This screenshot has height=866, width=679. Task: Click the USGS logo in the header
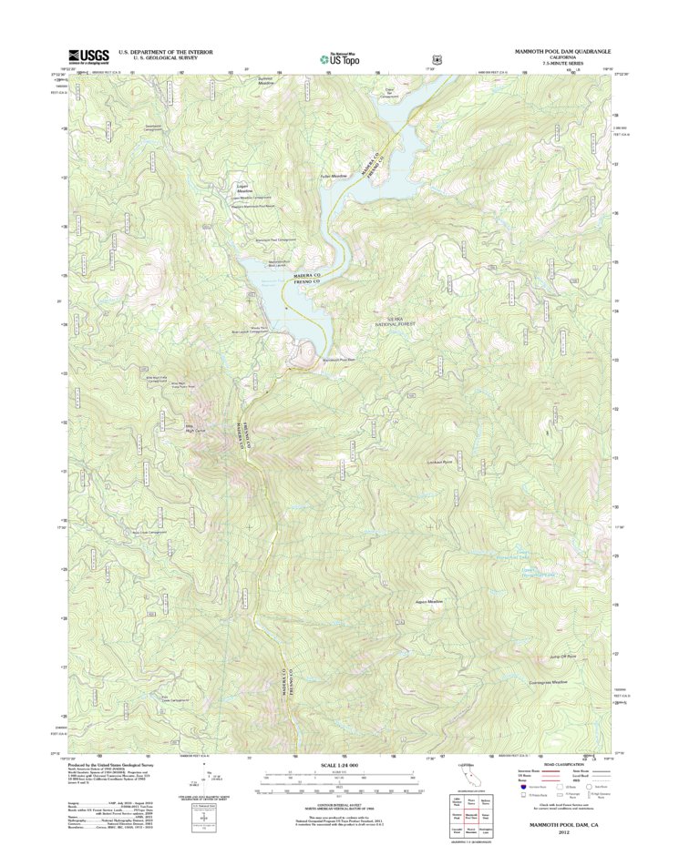pos(86,56)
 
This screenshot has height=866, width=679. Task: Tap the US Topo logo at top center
pos(339,57)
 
